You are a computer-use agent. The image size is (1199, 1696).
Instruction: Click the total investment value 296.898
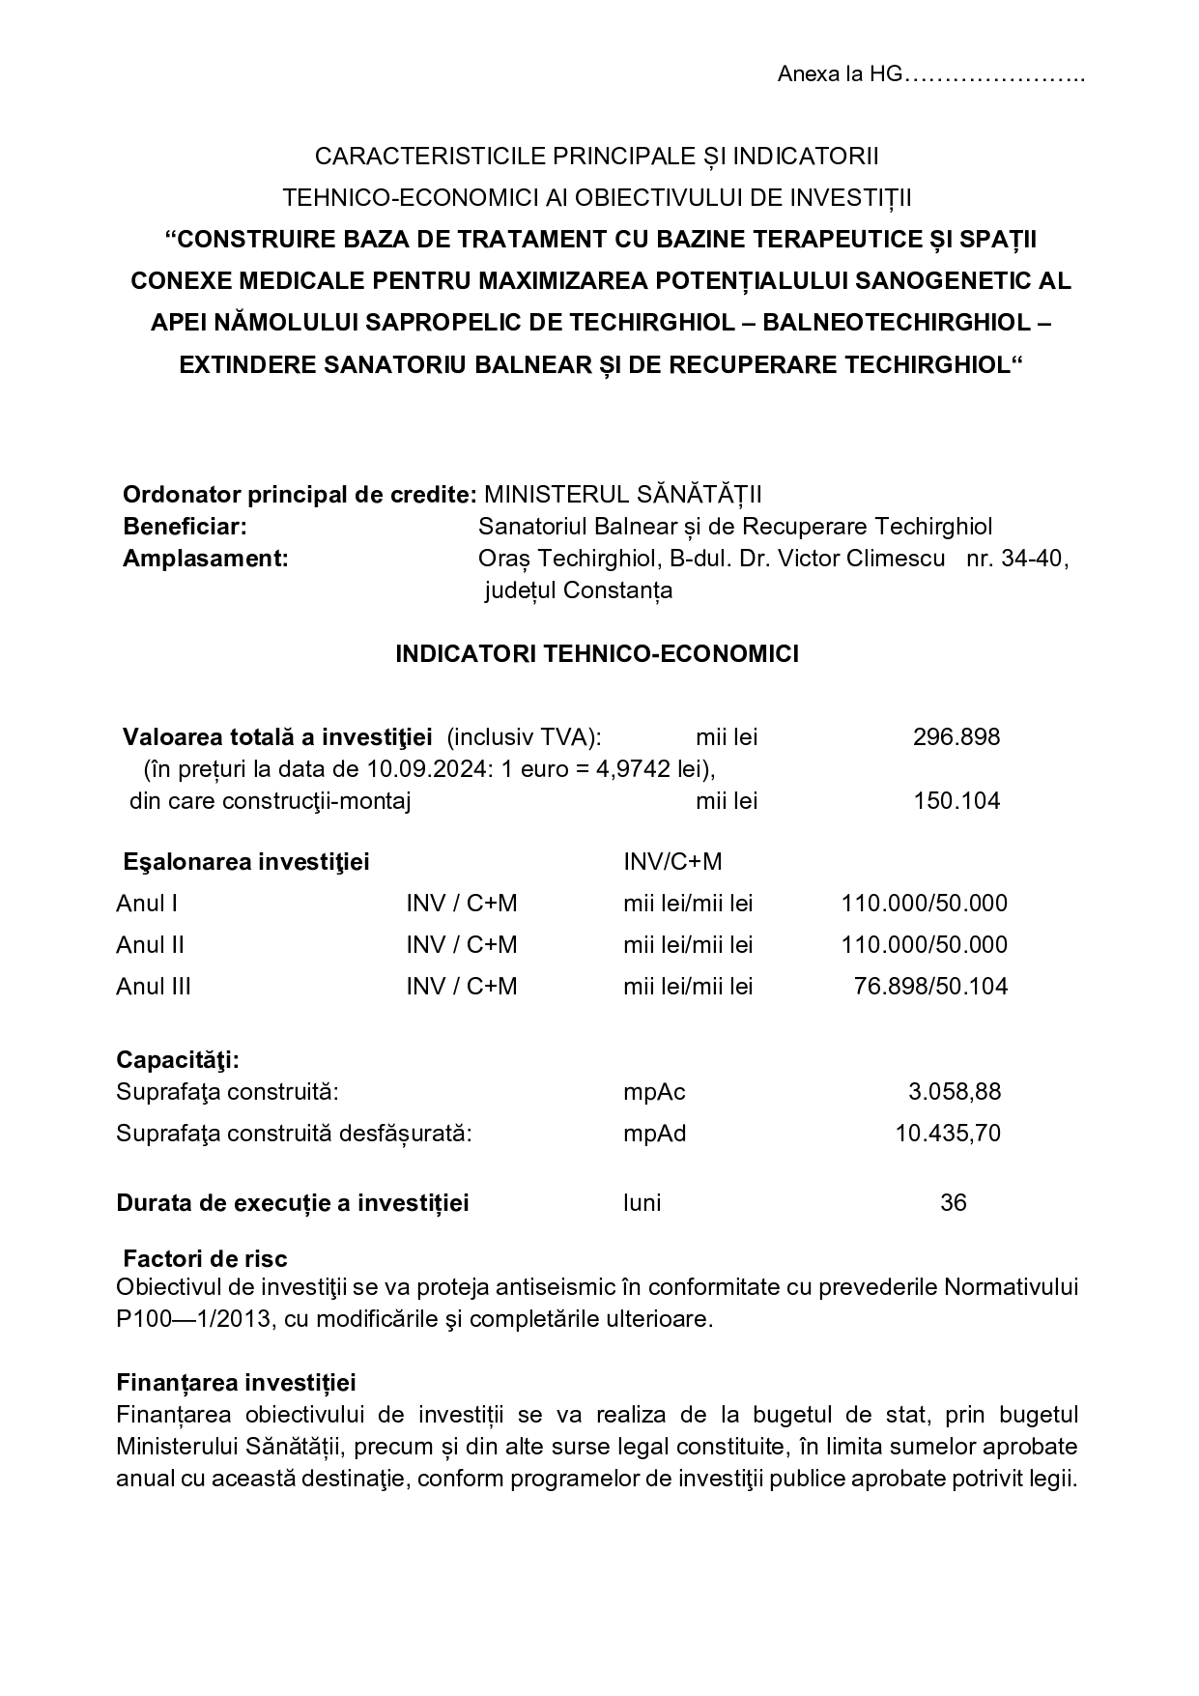[956, 737]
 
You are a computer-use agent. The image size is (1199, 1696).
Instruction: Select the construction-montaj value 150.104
[956, 800]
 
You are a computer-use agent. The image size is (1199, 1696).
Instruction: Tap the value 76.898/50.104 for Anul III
[930, 986]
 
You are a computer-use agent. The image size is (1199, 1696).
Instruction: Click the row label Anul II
[150, 944]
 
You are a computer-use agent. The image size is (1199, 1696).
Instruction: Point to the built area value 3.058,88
[955, 1092]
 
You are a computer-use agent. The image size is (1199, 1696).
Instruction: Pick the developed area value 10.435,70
[948, 1133]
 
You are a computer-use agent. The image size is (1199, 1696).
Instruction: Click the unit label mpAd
[654, 1133]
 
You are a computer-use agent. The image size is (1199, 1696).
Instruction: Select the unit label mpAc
[654, 1092]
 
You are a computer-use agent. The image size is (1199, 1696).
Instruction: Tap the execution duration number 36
[953, 1203]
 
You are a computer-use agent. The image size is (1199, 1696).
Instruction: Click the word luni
[642, 1203]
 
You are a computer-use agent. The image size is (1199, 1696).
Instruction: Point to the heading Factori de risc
[205, 1258]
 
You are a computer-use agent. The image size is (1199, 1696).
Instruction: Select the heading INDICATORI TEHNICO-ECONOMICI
[597, 654]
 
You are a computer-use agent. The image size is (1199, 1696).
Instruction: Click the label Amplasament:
[205, 559]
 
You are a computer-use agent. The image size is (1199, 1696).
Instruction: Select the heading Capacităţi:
[178, 1059]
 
